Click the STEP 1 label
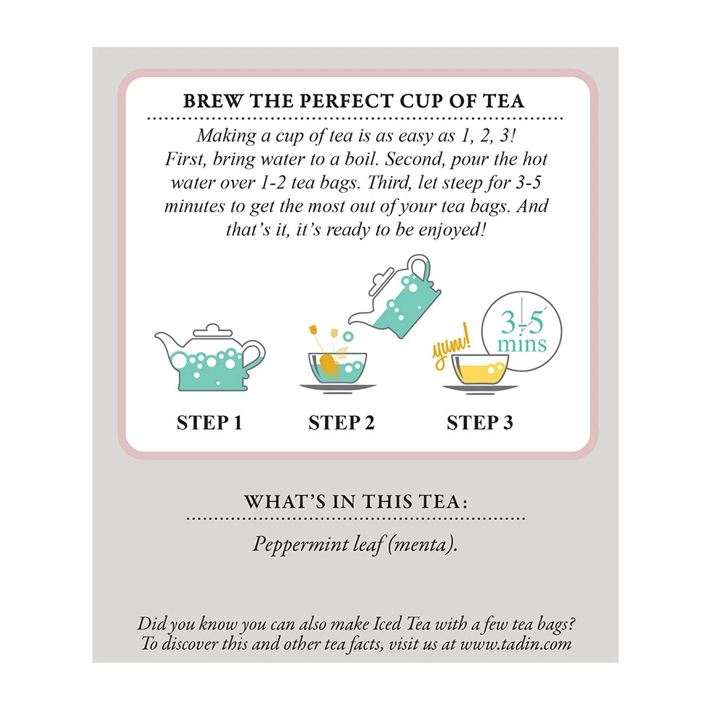coord(209,422)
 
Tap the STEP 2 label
coord(342,422)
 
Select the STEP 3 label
coord(480,422)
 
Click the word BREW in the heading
coord(212,101)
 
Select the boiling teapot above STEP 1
coord(210,357)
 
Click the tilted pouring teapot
coord(395,297)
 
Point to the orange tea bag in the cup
coord(330,365)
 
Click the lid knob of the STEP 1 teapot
coord(212,327)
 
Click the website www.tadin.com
coord(516,643)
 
